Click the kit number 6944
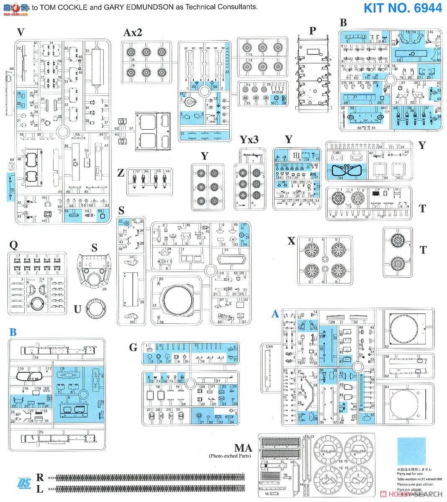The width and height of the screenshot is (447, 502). (x=403, y=8)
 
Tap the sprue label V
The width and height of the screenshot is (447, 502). (x=20, y=32)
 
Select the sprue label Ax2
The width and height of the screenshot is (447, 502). (x=133, y=33)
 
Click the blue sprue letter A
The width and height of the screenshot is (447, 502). (x=275, y=314)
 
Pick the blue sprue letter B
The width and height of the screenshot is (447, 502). (x=13, y=332)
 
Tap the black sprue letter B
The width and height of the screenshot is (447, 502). (x=343, y=23)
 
